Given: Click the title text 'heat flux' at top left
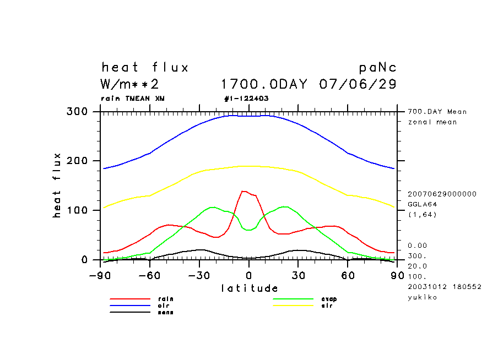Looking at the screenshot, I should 145,68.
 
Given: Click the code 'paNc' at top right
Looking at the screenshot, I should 377,68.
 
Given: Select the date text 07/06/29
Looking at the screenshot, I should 358,84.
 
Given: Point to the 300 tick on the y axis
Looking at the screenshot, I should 78,112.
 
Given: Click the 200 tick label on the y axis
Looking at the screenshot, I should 78,161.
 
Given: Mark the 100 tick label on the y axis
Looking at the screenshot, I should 78,210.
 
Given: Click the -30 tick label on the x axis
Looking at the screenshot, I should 199,275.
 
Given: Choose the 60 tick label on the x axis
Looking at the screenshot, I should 348,275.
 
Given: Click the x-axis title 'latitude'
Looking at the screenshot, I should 250,288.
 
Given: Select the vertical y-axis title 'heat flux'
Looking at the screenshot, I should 57,186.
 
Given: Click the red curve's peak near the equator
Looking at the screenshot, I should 243,191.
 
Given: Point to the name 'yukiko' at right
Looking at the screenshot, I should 423,297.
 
